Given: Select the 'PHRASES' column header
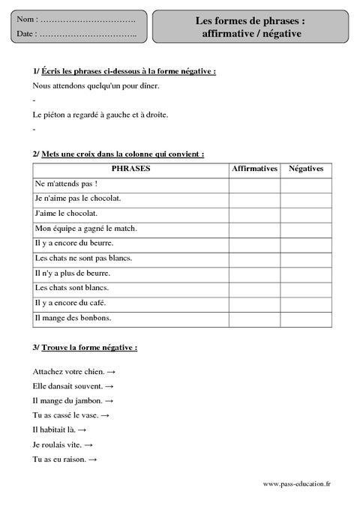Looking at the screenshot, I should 130,169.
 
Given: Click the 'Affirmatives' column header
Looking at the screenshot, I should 255,169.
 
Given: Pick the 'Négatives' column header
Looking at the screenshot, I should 306,169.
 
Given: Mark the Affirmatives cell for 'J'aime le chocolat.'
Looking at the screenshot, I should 255,214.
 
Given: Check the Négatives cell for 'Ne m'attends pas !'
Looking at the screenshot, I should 306,184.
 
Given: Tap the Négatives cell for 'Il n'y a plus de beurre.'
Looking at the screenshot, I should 306,273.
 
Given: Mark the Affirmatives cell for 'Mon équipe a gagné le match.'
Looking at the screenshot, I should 255,229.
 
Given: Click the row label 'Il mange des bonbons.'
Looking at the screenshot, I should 73,318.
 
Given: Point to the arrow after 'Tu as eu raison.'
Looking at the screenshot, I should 94,460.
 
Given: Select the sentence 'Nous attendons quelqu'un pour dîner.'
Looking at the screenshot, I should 96,86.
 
